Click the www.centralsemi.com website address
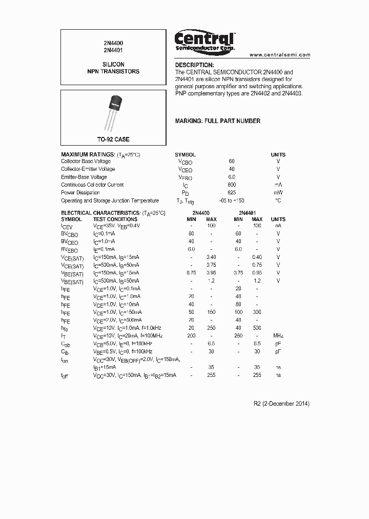(280, 54)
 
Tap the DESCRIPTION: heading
(194, 65)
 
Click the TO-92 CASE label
(113, 139)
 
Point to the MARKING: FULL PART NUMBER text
(217, 121)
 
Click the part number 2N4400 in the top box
(113, 44)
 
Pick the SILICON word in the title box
(113, 65)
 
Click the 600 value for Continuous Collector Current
(232, 185)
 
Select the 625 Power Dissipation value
(232, 193)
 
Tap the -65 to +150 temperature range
(232, 201)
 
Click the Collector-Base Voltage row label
(86, 161)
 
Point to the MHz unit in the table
(278, 335)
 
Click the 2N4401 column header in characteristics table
(247, 212)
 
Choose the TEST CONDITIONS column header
(115, 219)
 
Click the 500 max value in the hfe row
(257, 327)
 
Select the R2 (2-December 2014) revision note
(281, 404)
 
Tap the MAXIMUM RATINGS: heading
(88, 154)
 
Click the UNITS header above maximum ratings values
(278, 154)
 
